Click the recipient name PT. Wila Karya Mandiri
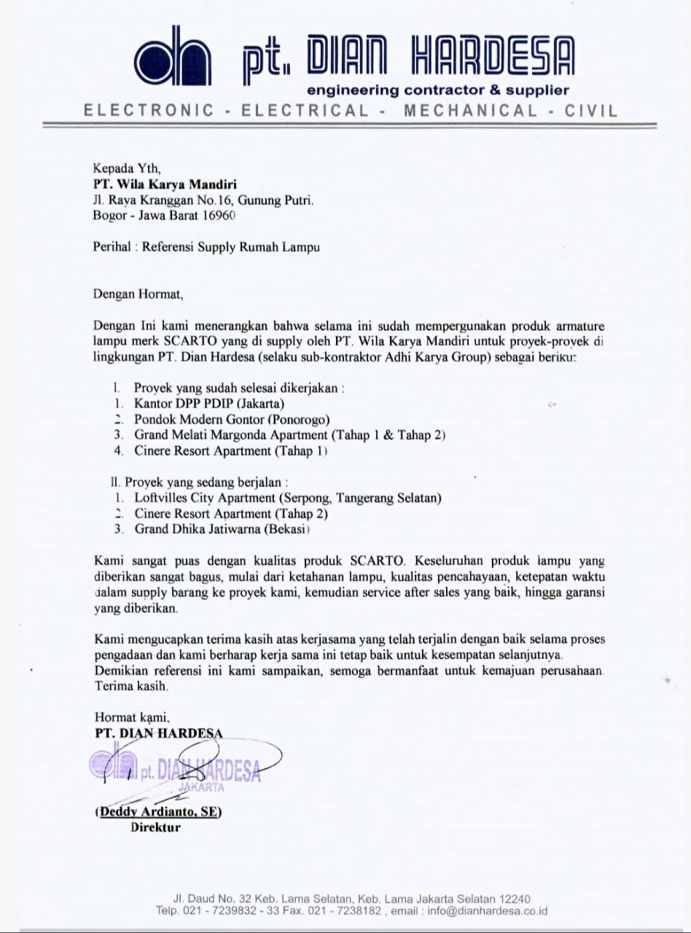click(x=165, y=184)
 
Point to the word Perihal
click(x=112, y=246)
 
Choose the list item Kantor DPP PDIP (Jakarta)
click(x=209, y=403)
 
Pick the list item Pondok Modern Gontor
click(x=232, y=419)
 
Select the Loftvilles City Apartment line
click(x=288, y=498)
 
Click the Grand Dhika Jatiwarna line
click(x=222, y=529)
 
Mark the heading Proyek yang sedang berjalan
click(x=198, y=482)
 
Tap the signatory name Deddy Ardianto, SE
click(x=159, y=811)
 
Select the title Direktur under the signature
click(x=155, y=827)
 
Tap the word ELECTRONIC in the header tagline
click(x=149, y=112)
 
